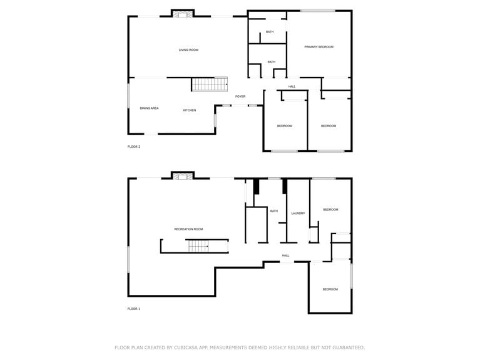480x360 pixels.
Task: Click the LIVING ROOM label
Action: (x=188, y=49)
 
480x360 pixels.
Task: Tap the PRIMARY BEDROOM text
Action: (x=319, y=47)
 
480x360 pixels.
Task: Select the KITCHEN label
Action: (x=189, y=110)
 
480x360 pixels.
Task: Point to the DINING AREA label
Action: (x=149, y=108)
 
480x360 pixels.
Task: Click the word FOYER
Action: (x=240, y=96)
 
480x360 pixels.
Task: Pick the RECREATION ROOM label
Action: (x=188, y=229)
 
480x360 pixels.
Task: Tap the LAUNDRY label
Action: (x=298, y=213)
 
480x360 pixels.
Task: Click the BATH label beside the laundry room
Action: (x=273, y=211)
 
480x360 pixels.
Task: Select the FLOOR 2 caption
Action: (x=134, y=147)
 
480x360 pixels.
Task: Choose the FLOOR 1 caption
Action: (x=134, y=309)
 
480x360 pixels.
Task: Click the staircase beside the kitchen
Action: (x=208, y=85)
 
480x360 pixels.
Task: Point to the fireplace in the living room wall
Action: (x=183, y=14)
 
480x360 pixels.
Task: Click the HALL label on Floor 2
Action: (x=292, y=86)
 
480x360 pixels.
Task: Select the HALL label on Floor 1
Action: (x=285, y=255)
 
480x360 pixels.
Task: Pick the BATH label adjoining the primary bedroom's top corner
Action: (x=269, y=32)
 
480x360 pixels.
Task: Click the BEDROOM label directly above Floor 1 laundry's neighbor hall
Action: (x=330, y=210)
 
